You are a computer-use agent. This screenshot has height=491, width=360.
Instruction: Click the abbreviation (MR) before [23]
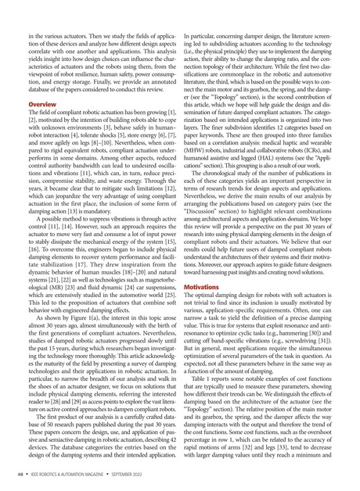45,275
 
